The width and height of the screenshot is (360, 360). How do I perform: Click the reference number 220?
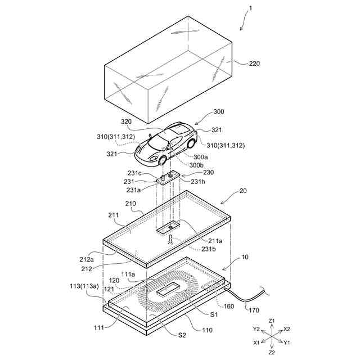(255, 64)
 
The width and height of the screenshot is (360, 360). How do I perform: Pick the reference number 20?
(243, 191)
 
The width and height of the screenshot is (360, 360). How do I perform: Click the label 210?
(130, 203)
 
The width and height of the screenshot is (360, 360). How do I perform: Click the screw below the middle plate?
(169, 239)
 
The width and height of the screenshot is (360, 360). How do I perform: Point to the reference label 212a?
(86, 259)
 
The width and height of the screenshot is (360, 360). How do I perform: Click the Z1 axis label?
(272, 321)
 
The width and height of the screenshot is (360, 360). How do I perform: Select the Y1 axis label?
(287, 342)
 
